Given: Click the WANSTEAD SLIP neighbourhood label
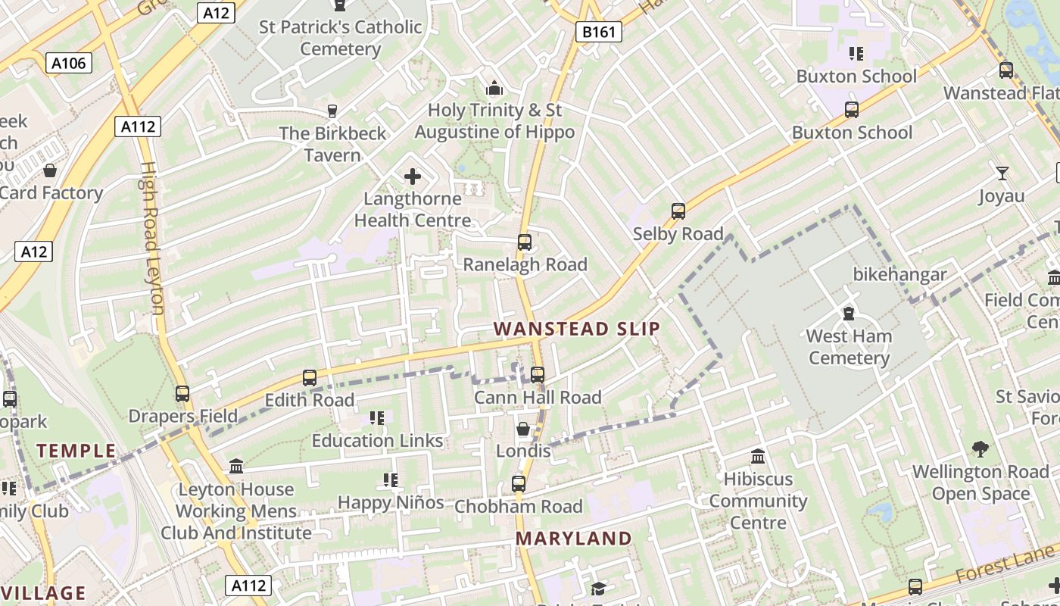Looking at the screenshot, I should (577, 329).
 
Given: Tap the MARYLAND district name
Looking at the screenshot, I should (573, 539).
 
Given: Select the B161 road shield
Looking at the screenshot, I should (599, 32).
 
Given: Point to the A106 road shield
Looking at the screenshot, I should (69, 63).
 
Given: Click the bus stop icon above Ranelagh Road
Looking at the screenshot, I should (525, 242).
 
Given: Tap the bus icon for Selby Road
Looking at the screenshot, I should (678, 211).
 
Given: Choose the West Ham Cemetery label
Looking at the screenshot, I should (849, 347).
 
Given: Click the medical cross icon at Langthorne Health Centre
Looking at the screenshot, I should (413, 177).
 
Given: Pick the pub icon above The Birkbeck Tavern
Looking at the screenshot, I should (332, 111).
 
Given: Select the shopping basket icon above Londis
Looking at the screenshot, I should (523, 430).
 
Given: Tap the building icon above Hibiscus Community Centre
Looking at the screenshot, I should (758, 457).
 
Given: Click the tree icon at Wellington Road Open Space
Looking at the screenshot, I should (980, 449).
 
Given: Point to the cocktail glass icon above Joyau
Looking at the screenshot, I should (1002, 173).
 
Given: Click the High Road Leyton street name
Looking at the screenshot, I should (151, 238).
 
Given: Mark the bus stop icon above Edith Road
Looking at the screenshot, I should (310, 377).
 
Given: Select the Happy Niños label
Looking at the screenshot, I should (391, 502).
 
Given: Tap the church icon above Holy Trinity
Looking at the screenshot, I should (494, 89).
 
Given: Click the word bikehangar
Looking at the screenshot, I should (899, 274).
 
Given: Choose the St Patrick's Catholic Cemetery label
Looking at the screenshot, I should (341, 38).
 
